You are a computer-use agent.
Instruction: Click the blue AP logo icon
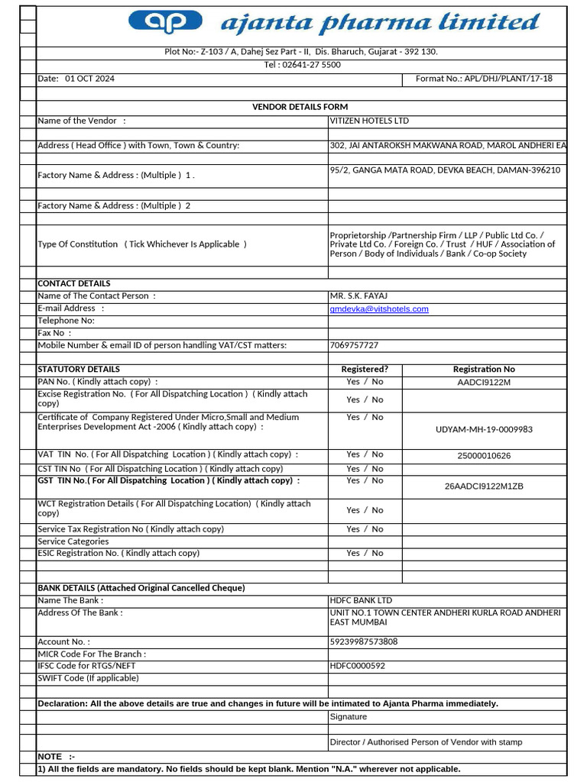coord(166,23)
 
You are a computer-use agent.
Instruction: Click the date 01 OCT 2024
coord(89,79)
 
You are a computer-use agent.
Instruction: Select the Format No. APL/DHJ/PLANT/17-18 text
coord(483,79)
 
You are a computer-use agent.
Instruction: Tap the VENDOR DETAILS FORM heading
coord(300,107)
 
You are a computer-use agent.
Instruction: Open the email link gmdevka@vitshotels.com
coord(379,309)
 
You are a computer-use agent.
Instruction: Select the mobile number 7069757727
coord(354,345)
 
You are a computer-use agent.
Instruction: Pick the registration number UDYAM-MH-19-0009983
coord(484,429)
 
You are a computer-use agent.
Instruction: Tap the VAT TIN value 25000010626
coord(484,456)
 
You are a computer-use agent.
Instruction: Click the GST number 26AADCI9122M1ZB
coord(484,486)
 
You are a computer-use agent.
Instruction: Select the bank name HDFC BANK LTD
coord(361,601)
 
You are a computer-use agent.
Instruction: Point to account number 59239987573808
coord(364,642)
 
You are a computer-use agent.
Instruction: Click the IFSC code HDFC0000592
coord(358,666)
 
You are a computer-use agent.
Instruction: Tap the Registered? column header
coord(365,370)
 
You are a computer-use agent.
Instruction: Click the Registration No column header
coord(484,370)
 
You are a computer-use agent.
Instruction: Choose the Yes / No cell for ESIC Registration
coord(365,554)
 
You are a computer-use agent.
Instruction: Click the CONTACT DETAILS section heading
coord(74,283)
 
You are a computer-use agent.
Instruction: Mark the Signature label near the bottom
coord(349,717)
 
